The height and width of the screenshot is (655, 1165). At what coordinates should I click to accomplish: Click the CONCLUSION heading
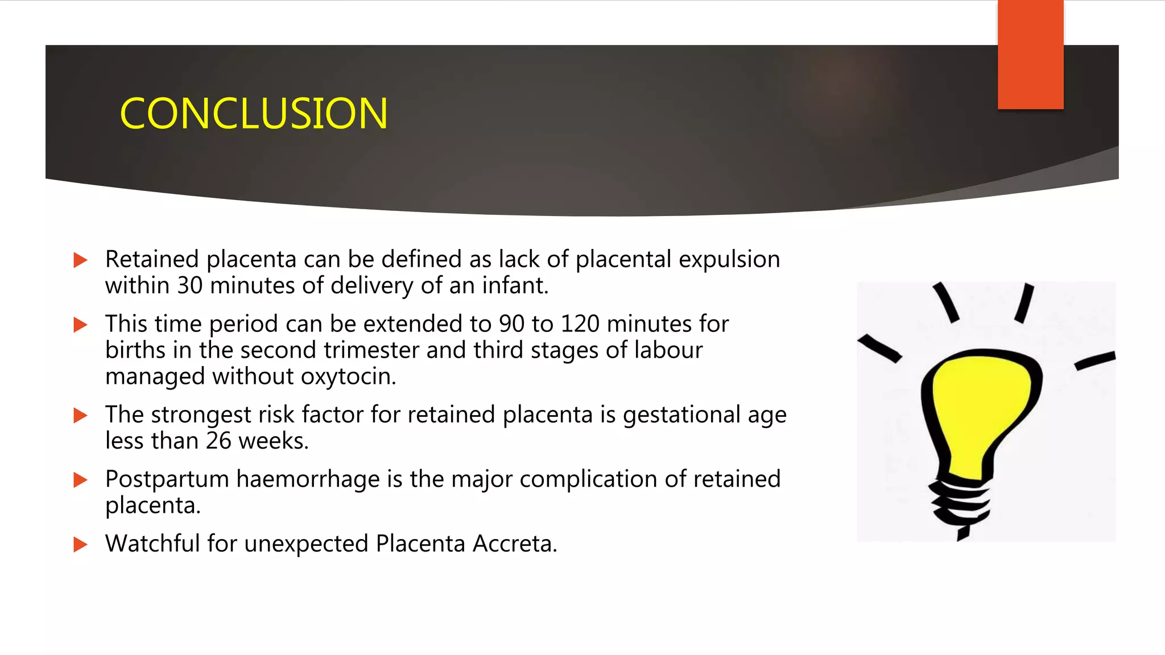[x=254, y=113]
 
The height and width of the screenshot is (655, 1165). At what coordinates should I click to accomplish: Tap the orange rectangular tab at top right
[x=1030, y=55]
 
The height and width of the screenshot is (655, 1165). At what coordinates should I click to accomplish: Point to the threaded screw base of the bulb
[x=960, y=503]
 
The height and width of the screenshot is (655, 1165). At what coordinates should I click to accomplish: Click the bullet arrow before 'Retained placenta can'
[x=81, y=260]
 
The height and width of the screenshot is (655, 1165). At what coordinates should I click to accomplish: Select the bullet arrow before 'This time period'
[x=81, y=325]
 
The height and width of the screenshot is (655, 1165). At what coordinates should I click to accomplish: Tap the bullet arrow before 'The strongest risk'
[x=81, y=416]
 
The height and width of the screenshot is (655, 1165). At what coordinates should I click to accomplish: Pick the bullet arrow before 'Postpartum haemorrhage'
[x=81, y=480]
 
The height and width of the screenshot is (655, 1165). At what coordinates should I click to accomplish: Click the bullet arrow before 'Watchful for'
[x=81, y=545]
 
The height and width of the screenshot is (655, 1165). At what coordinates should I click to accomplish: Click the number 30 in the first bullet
[x=189, y=285]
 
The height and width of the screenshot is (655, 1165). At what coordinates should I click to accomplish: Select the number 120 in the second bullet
[x=580, y=324]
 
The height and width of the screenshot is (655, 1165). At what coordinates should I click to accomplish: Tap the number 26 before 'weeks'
[x=218, y=441]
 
